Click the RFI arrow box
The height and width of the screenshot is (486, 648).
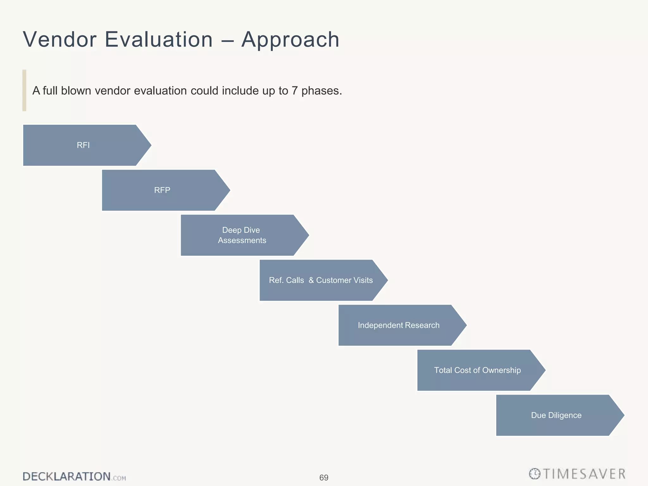(83, 145)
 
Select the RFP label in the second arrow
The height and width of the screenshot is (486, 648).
(162, 190)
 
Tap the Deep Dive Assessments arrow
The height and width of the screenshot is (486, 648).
(242, 235)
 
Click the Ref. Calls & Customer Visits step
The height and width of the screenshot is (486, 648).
(321, 280)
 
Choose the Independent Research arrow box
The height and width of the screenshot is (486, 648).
(399, 325)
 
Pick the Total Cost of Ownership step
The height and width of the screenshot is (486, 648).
(477, 370)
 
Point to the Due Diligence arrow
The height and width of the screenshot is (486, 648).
(556, 415)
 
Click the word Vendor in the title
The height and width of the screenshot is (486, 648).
(59, 40)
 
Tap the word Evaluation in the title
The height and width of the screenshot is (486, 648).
(159, 40)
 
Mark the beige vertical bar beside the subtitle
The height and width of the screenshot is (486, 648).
(24, 90)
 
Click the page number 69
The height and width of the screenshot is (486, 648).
(324, 477)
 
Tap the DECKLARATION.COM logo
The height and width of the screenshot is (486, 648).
(74, 477)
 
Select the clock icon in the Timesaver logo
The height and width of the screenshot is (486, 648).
(534, 474)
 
